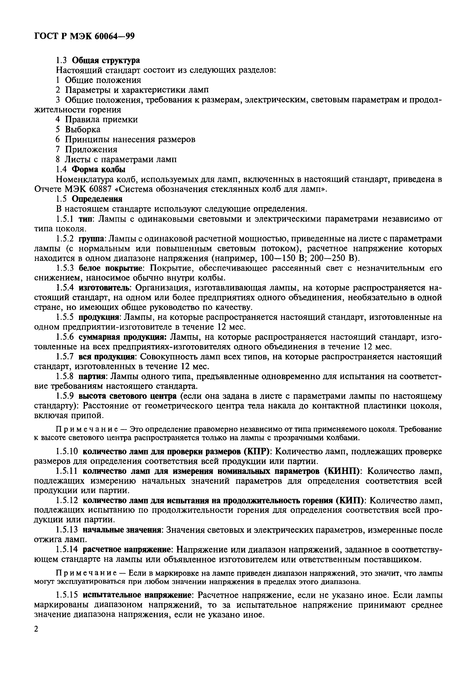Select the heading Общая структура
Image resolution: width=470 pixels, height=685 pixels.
[106, 60]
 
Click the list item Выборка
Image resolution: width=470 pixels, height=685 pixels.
[83, 129]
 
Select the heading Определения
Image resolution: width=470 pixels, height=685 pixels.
[97, 199]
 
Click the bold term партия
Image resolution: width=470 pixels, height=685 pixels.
[92, 376]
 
